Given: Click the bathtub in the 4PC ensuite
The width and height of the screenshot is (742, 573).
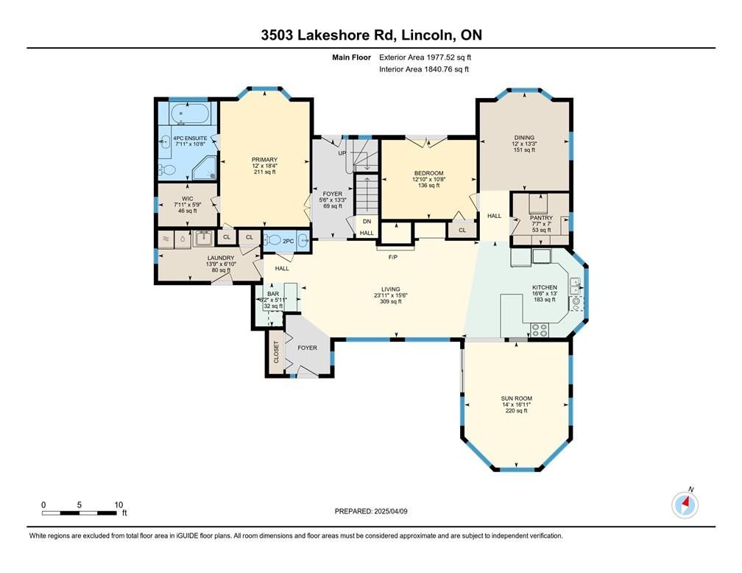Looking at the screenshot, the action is click(188, 114).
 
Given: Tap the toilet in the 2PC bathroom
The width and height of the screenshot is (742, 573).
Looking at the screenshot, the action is click(274, 241).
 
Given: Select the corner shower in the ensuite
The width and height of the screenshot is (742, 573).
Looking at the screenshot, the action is click(205, 168).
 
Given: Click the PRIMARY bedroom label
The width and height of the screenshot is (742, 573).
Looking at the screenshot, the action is click(264, 160).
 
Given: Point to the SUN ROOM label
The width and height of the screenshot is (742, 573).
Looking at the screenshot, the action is click(516, 398).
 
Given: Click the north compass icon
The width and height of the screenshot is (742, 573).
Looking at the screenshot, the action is click(685, 505).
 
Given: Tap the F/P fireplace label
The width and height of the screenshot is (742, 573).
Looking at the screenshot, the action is click(393, 257).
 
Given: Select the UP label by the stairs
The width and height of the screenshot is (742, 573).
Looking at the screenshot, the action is click(342, 153).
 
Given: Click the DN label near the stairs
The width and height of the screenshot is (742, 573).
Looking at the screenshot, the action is click(367, 221).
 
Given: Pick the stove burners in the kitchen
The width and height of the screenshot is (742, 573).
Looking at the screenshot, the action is click(540, 330).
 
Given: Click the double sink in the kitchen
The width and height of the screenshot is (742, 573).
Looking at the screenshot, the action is click(576, 286).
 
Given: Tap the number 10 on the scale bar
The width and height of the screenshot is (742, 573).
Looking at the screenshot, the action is click(119, 505).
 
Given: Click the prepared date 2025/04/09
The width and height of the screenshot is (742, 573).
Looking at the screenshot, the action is click(391, 511).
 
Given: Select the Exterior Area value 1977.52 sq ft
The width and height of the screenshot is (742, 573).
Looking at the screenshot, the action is click(448, 57).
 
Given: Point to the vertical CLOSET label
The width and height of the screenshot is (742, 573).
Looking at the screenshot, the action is click(276, 352).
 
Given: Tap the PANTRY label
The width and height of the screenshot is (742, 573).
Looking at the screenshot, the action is click(541, 218).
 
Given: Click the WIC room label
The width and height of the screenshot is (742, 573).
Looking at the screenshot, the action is click(188, 199).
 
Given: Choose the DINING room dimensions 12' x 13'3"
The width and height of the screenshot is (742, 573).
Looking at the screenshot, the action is click(524, 144).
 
